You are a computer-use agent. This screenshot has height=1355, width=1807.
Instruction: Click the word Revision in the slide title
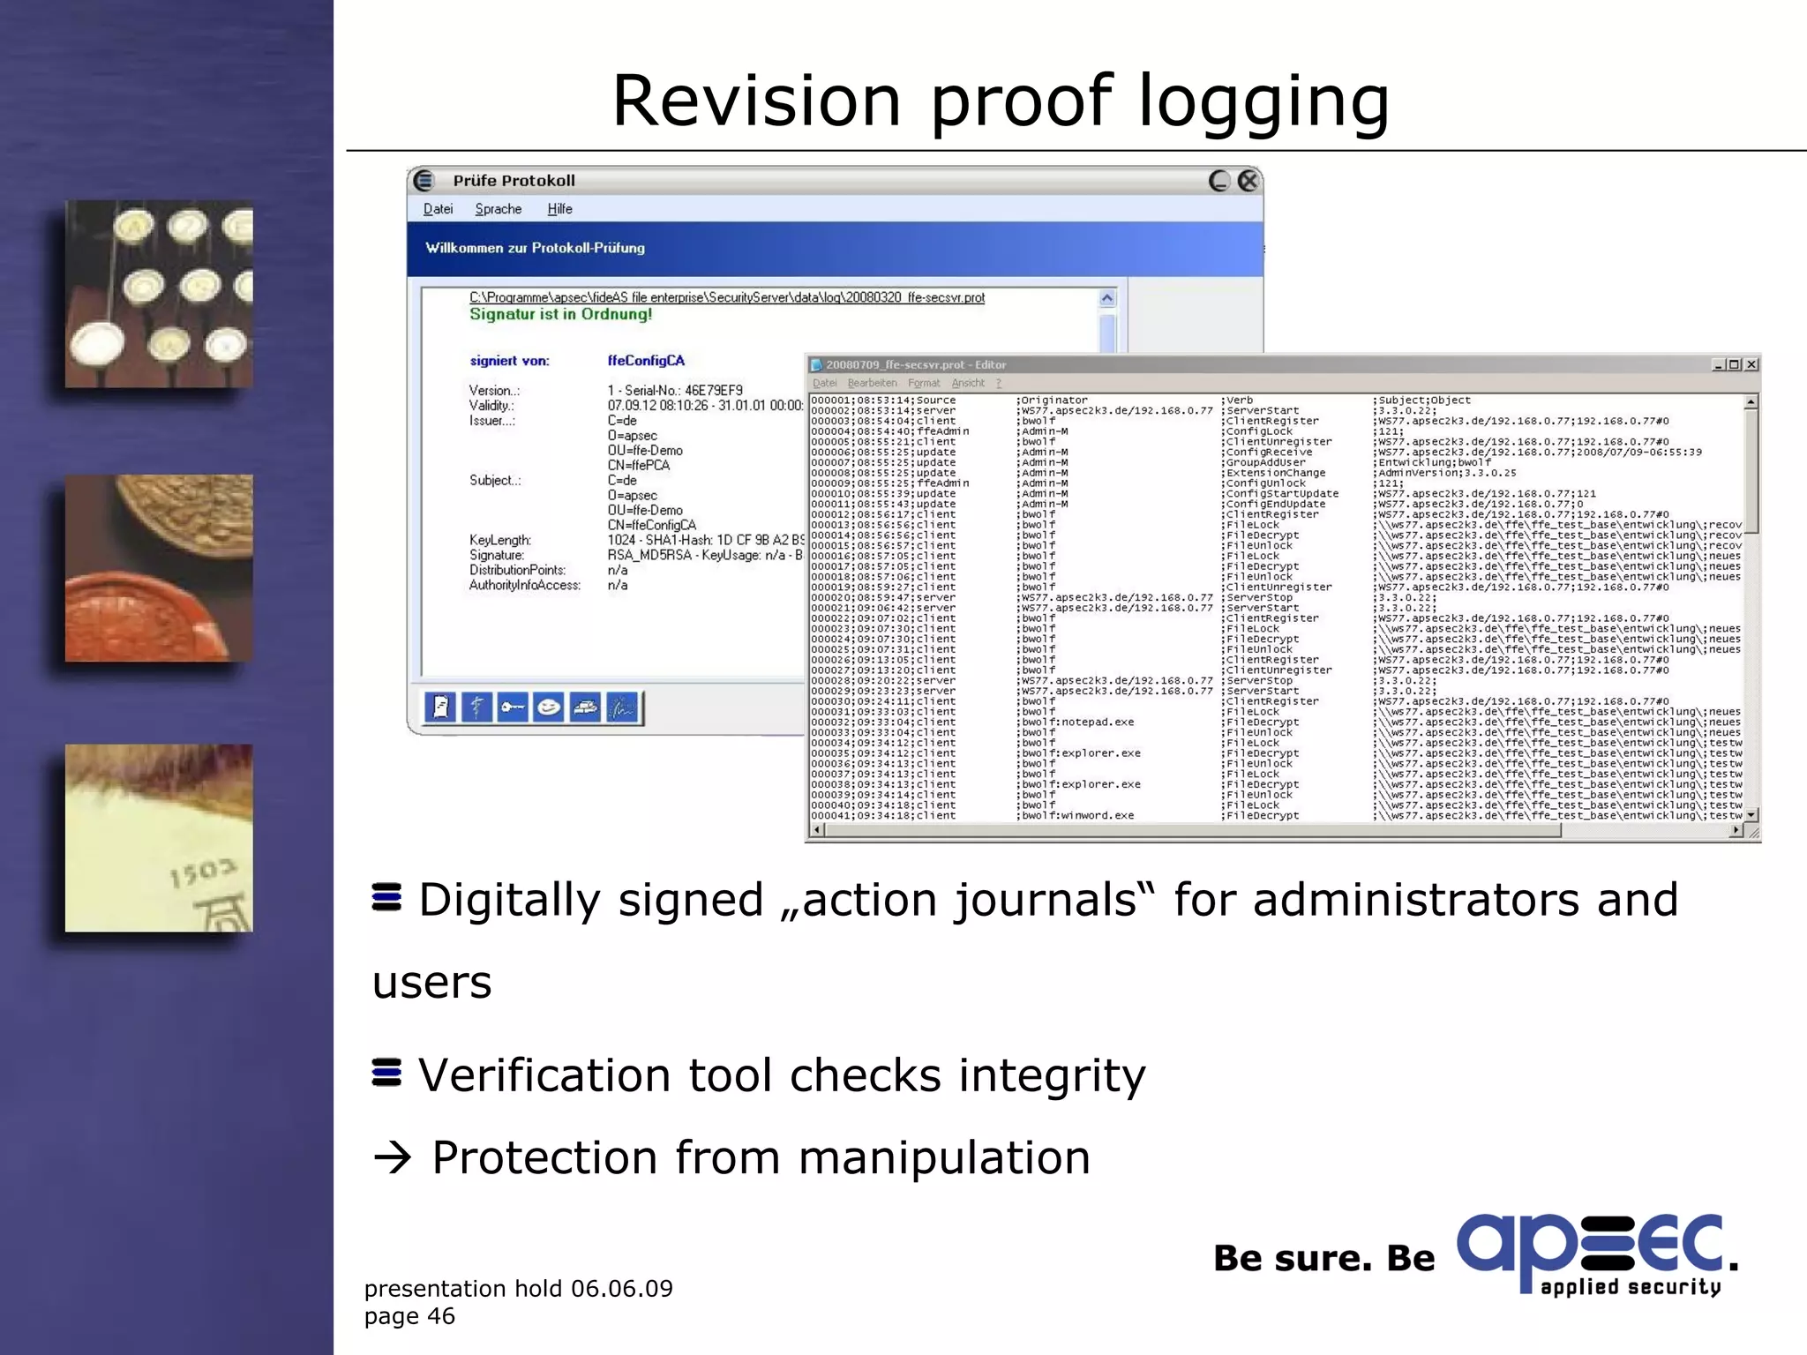pos(756,101)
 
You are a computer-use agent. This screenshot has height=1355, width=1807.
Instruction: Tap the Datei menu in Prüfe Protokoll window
pos(438,209)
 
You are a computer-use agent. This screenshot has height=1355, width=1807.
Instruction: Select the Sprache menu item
pos(498,209)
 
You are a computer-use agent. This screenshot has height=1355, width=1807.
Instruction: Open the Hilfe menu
pos(559,209)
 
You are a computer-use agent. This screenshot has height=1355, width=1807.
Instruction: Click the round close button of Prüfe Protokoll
pos(1248,181)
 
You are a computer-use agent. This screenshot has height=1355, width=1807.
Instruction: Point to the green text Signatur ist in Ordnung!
pos(560,314)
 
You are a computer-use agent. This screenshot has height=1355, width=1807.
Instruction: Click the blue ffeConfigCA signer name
pos(646,361)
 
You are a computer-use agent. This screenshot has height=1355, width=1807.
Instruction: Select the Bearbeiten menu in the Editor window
pos(872,383)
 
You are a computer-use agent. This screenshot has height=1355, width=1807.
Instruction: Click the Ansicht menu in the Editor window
pos(968,383)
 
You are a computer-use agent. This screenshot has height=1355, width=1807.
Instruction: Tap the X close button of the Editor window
pos(1751,364)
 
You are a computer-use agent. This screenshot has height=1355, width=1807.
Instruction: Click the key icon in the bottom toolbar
pos(512,707)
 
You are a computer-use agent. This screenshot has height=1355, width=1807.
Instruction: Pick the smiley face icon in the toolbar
pos(549,707)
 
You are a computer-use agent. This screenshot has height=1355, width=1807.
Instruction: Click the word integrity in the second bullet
pos(1052,1075)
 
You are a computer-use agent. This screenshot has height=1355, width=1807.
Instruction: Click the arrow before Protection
pos(393,1157)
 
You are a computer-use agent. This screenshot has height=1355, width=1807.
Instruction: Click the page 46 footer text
pos(409,1316)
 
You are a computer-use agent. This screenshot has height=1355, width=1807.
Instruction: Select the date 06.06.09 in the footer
pos(621,1289)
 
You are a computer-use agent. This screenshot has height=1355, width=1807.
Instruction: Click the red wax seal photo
pos(159,568)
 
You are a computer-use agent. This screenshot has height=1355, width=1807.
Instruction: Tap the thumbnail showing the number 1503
pos(159,838)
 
